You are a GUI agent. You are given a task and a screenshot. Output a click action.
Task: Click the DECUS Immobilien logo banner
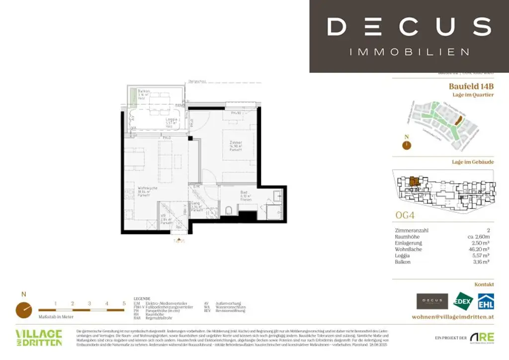(x=409, y=36)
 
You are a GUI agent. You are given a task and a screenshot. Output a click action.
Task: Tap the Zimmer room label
(x=235, y=143)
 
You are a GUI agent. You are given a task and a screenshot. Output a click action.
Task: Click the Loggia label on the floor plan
(x=172, y=120)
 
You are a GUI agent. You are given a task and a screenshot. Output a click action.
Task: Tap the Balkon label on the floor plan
(x=144, y=91)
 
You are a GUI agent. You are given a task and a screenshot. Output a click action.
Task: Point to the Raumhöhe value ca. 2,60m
(x=480, y=237)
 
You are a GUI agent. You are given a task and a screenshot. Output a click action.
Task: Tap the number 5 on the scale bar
(x=124, y=303)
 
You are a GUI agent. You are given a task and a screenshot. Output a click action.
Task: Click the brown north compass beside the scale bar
(x=23, y=309)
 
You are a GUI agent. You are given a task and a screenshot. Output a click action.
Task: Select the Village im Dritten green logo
(x=38, y=338)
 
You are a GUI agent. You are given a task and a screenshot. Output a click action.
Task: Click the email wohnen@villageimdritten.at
(x=453, y=317)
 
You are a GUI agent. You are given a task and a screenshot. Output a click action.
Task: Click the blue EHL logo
(x=486, y=301)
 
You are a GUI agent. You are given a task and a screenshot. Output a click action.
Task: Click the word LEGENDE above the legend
(x=142, y=299)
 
